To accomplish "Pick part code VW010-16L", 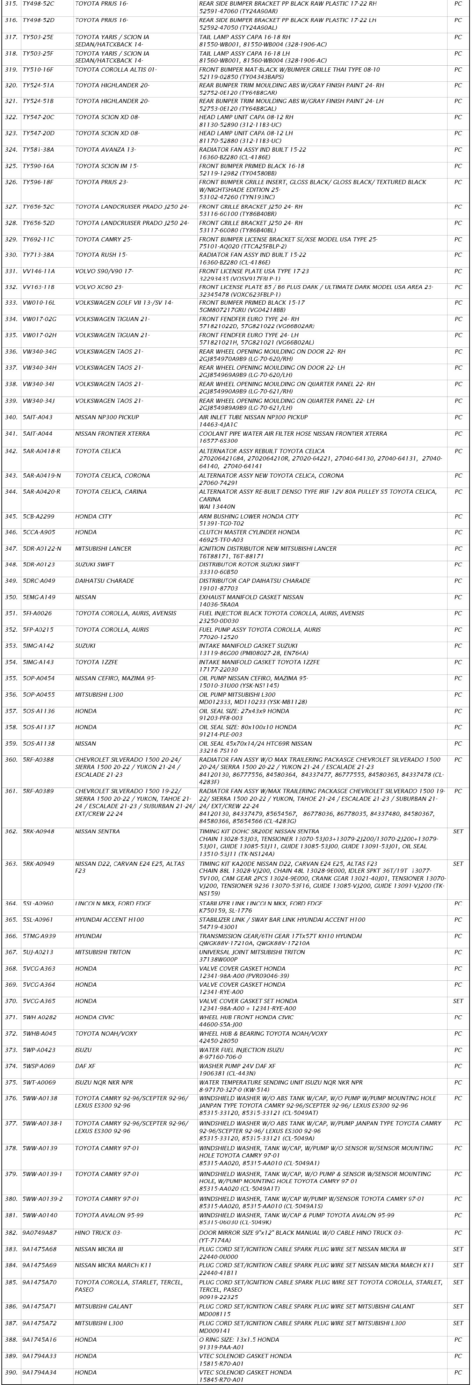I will [x=39, y=303].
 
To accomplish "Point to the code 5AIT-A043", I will [x=38, y=418].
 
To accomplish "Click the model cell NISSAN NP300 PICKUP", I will [x=107, y=418].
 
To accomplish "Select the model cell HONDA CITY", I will [x=93, y=517].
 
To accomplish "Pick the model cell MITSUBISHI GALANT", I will [x=102, y=1306].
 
